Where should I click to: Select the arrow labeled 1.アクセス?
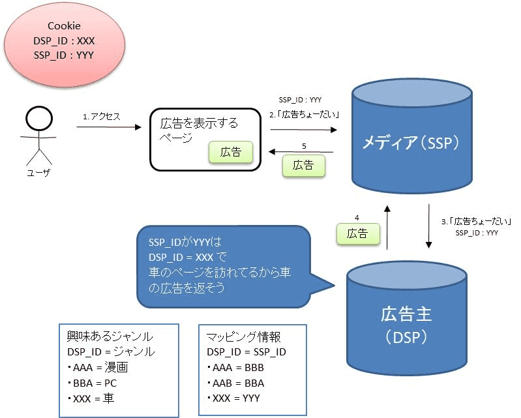108,127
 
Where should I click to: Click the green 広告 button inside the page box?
230,152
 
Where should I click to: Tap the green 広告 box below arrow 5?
303,166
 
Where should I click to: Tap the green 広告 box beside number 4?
357,233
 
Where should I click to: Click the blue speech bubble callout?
222,266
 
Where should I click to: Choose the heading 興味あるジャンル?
110,336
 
